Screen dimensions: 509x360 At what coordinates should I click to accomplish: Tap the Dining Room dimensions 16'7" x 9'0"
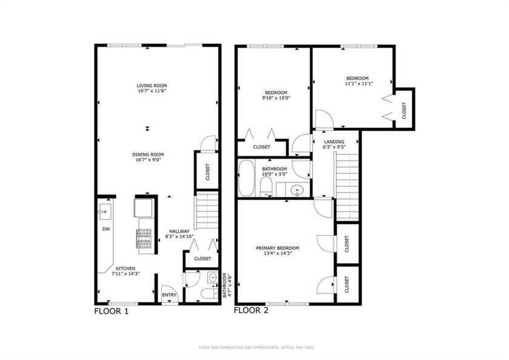tap(148, 160)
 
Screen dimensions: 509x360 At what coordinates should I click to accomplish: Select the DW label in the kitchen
tap(106, 229)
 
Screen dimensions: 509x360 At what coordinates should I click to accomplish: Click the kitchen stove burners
tap(144, 239)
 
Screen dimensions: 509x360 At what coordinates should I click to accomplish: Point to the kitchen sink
tap(104, 212)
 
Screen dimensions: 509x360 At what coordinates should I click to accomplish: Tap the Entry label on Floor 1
tap(169, 295)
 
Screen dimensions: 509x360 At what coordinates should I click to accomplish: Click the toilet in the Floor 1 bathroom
tap(208, 294)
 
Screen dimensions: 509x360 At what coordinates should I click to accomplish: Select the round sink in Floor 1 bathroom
tap(213, 278)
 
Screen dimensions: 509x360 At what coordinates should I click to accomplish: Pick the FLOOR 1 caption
tap(111, 312)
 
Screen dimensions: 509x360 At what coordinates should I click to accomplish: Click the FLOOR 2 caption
tap(251, 311)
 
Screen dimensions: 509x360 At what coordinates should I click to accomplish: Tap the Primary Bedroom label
tap(278, 248)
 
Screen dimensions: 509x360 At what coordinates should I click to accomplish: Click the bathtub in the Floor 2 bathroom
tap(246, 179)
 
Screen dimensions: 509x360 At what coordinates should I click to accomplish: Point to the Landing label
tap(334, 142)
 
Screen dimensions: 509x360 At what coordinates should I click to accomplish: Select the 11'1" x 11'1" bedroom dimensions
tap(358, 84)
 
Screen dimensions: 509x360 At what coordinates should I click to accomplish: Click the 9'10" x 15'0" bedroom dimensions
tap(276, 98)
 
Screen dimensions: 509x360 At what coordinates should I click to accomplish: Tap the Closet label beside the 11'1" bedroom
tap(404, 111)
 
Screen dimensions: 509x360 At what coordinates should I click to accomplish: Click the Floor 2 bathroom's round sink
tap(297, 190)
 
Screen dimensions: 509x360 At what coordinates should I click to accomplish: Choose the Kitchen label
tap(125, 268)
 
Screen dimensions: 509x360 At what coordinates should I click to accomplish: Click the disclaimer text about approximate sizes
tap(256, 348)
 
